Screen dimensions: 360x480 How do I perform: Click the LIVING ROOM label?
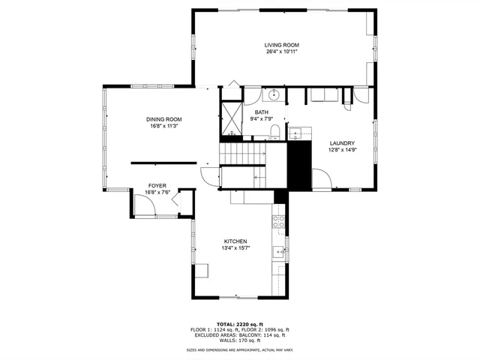(x=281, y=45)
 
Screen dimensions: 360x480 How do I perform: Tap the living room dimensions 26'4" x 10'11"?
(x=281, y=52)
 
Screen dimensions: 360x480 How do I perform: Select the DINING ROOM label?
(x=164, y=119)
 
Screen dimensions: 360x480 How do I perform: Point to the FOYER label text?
(x=157, y=185)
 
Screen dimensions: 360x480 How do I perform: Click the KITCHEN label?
(x=235, y=241)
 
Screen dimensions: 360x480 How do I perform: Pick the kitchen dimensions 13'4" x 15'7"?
(x=235, y=248)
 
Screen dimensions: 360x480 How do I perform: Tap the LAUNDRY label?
(x=341, y=143)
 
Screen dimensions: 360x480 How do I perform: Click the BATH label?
(x=261, y=112)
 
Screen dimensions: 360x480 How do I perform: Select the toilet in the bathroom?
(x=274, y=133)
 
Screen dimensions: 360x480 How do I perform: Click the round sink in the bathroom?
(x=274, y=95)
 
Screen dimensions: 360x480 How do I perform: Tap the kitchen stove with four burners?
(x=278, y=220)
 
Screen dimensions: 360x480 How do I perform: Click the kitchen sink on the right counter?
(x=278, y=252)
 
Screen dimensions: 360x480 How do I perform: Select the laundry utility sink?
(x=295, y=133)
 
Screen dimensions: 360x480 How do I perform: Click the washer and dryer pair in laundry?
(x=325, y=95)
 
